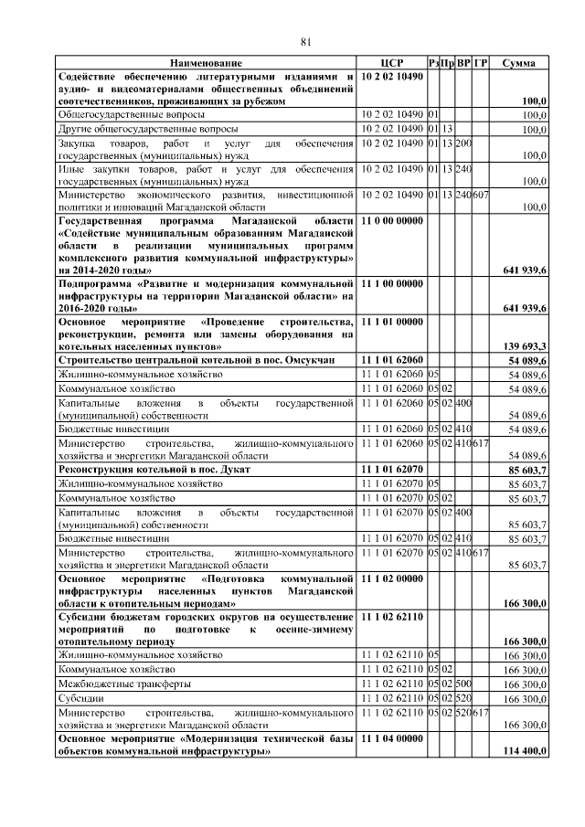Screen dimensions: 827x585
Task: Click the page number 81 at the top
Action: point(306,40)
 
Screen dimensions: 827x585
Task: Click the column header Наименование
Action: point(207,62)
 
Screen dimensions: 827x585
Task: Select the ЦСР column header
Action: point(391,62)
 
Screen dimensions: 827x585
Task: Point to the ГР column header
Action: point(481,62)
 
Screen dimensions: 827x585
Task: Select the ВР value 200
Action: point(463,143)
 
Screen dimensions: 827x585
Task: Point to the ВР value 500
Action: point(463,684)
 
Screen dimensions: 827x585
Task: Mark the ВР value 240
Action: point(463,169)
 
